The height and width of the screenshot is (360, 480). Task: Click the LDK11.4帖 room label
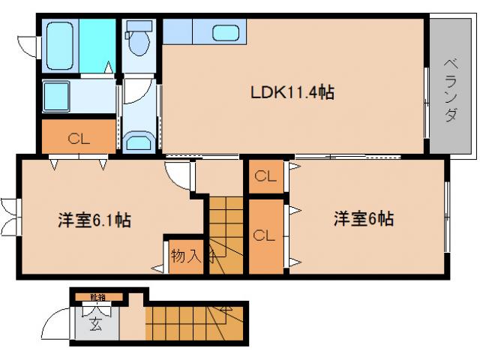click(292, 93)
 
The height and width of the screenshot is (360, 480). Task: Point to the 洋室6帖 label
click(364, 219)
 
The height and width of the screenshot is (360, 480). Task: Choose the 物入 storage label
click(184, 256)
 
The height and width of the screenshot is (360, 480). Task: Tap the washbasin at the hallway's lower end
click(139, 141)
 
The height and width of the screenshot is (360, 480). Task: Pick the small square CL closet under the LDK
click(263, 177)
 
